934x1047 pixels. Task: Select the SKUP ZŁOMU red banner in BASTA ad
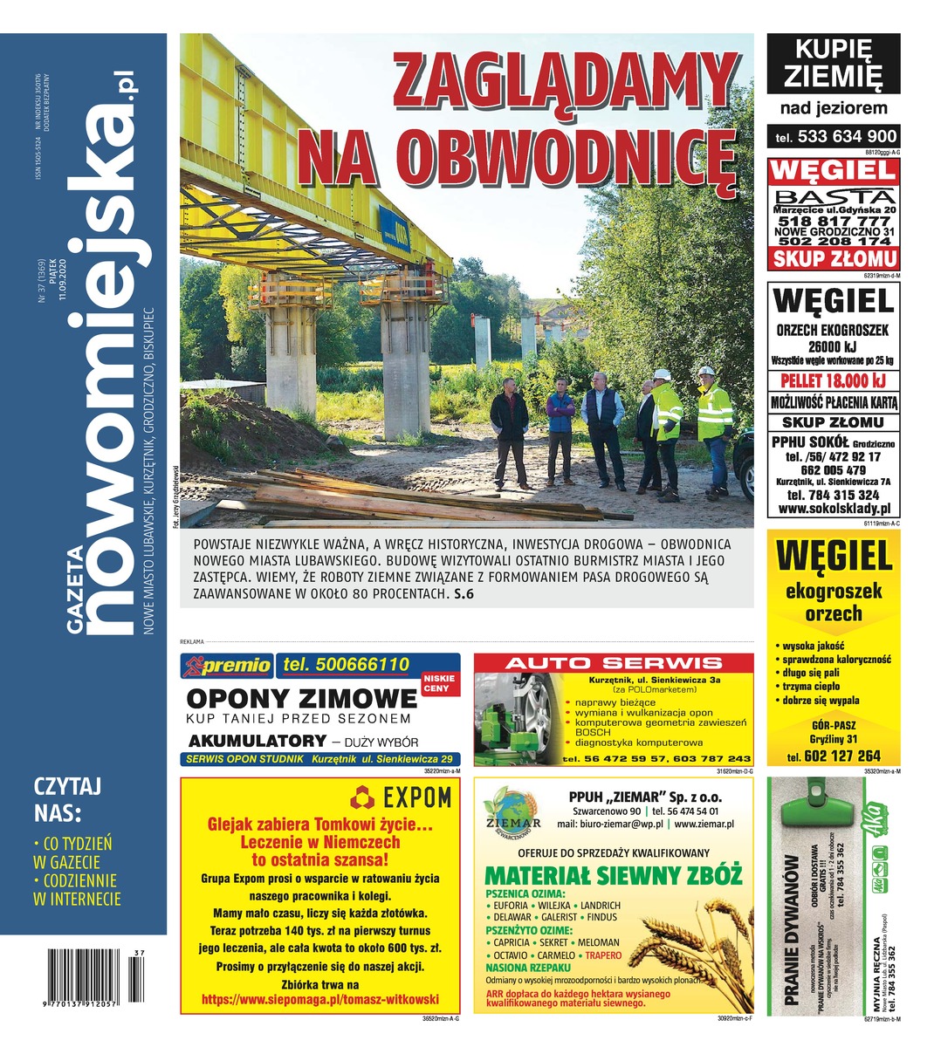click(x=834, y=258)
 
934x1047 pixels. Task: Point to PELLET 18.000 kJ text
click(x=834, y=381)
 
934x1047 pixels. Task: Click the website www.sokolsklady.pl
click(x=834, y=508)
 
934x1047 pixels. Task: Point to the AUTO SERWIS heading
click(x=614, y=664)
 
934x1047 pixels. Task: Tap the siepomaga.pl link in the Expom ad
click(x=319, y=1000)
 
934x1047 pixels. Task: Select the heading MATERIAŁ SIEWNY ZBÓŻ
click(x=613, y=876)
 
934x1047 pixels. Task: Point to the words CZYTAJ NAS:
click(x=66, y=799)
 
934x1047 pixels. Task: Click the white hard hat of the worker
click(x=662, y=373)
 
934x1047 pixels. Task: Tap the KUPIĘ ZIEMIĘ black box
click(x=833, y=65)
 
